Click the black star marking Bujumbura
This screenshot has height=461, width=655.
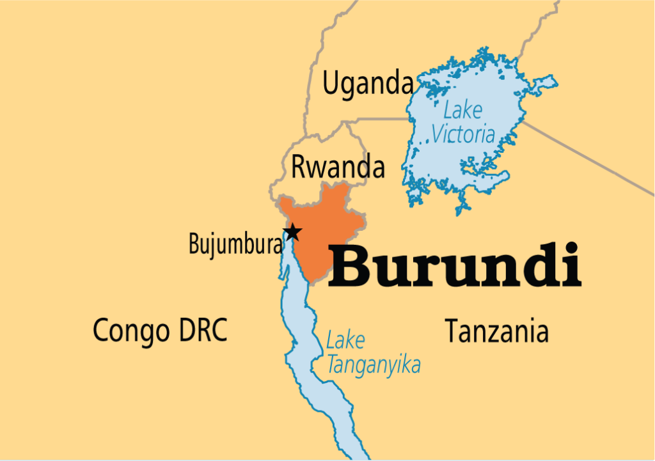292,232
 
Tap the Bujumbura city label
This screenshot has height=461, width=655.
235,244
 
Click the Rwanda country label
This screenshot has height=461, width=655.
338,167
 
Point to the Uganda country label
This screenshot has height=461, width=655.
368,84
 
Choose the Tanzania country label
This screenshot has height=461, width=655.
496,331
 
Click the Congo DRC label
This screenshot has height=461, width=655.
160,330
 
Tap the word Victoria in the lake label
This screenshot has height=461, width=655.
463,134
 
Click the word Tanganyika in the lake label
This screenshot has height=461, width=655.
374,365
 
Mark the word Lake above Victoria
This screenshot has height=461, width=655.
462,111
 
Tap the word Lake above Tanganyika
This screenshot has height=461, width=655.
345,341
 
